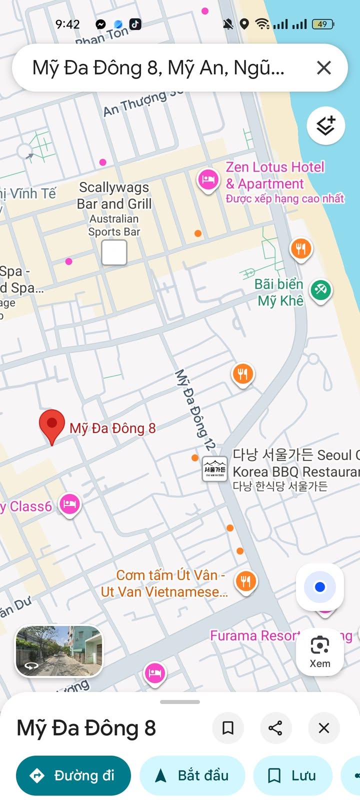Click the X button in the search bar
324,68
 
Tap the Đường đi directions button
73,775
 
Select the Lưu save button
292,775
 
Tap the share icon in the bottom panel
275,728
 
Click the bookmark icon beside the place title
228,728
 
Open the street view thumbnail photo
59,651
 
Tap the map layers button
325,125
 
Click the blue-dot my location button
320,587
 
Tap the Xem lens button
320,651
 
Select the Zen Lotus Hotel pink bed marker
208,180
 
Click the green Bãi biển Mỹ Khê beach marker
320,289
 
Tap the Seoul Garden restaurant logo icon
214,469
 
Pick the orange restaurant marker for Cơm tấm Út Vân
245,581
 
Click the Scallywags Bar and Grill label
114,195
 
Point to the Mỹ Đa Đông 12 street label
195,410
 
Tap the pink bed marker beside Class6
69,504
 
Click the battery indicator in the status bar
322,24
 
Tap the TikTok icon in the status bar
135,24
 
